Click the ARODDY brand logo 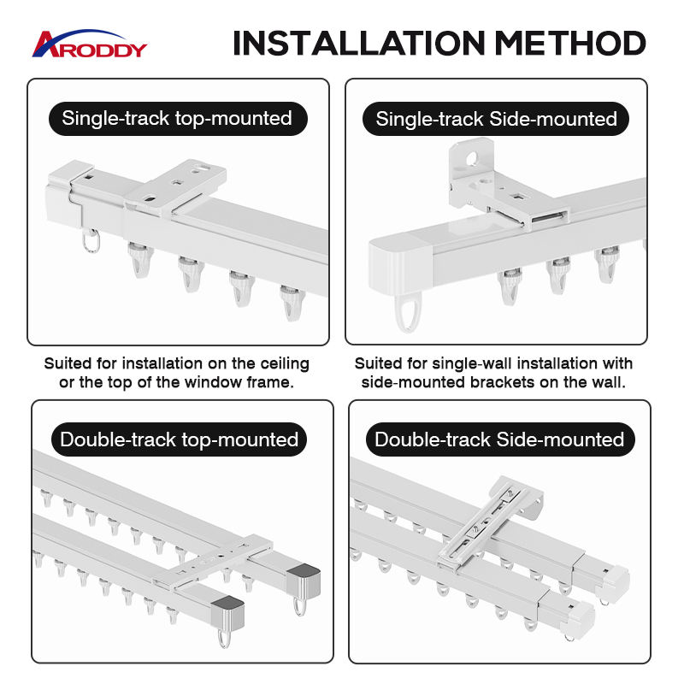[90, 44]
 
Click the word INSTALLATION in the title [359, 44]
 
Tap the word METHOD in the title [570, 44]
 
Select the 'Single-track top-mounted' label [178, 119]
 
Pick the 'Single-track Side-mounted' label [496, 119]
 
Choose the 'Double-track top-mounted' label [179, 439]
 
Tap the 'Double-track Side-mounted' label [499, 439]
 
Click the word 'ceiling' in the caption [285, 363]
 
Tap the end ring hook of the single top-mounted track [91, 241]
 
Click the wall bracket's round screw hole [472, 158]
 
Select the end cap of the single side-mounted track [400, 266]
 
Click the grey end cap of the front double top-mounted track [227, 614]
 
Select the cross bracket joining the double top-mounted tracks [214, 563]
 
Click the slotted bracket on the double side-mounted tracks [491, 522]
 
